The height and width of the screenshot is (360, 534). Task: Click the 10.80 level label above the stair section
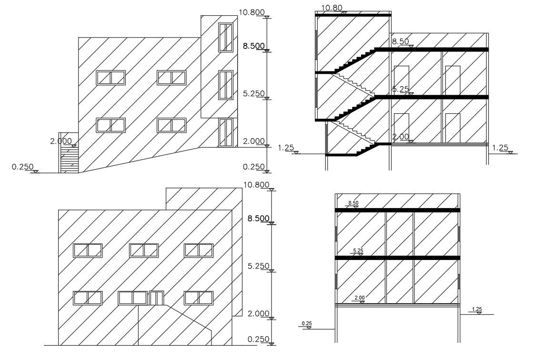tap(332, 8)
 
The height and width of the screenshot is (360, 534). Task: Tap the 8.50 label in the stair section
tap(401, 42)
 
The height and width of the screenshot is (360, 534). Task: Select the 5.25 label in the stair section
tap(401, 89)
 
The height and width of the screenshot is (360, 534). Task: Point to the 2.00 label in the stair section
tap(401, 137)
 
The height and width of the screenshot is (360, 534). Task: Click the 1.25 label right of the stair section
tap(500, 148)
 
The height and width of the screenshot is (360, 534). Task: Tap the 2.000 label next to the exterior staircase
tap(61, 141)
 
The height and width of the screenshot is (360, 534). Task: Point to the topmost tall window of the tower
tap(225, 37)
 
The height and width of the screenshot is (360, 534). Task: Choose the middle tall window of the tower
tap(225, 85)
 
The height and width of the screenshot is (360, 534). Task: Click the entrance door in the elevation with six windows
tap(156, 298)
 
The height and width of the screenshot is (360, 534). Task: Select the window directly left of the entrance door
tap(133, 298)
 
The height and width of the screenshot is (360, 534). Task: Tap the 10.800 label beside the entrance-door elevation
tap(256, 185)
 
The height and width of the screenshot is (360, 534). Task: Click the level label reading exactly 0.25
tap(307, 324)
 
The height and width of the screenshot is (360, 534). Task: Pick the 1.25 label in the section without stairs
tap(477, 310)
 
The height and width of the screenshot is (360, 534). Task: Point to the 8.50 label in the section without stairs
tap(353, 203)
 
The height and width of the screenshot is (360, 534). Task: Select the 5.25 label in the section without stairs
tap(358, 250)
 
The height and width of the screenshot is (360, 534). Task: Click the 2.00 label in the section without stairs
tap(360, 298)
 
